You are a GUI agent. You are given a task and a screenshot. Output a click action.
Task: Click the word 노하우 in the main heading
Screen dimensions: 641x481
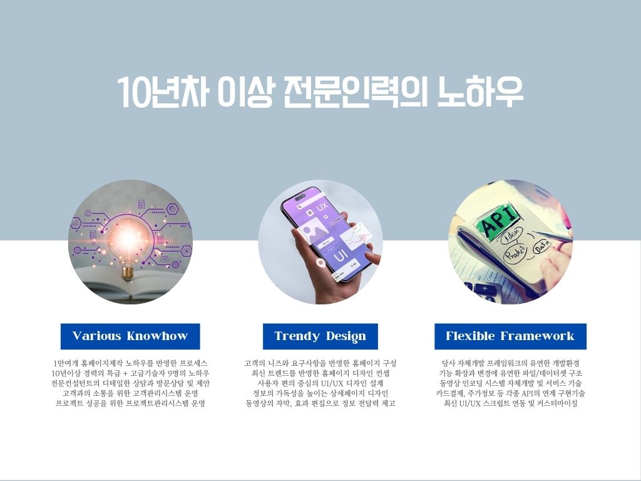point(480,91)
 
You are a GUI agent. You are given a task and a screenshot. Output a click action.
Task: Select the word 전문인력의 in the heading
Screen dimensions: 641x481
point(355,91)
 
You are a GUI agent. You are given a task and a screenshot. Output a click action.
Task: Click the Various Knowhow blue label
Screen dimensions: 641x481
point(130,336)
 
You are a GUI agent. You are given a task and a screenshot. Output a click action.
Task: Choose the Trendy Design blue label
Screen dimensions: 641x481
point(320,336)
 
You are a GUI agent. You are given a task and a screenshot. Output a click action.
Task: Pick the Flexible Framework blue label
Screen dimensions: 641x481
point(510,336)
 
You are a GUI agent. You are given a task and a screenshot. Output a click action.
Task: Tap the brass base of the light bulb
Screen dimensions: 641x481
point(128,272)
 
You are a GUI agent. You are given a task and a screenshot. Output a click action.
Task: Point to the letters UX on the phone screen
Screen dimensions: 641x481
point(322,207)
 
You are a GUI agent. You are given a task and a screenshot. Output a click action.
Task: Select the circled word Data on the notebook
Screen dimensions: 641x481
point(541,247)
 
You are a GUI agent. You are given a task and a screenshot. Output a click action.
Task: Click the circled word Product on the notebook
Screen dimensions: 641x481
point(515,253)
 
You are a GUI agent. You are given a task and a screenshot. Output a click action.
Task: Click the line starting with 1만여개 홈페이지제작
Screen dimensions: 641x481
point(130,363)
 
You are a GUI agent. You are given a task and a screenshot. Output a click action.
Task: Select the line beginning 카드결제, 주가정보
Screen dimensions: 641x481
point(510,393)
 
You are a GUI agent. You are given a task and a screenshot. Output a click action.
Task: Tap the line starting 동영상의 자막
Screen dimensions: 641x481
point(320,404)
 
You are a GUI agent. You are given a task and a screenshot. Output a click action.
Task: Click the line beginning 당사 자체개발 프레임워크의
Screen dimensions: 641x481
point(510,363)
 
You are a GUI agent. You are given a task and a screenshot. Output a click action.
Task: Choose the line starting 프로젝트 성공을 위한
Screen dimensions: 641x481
point(130,404)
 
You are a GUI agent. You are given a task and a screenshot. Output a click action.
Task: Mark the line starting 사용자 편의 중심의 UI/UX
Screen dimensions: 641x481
point(320,384)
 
